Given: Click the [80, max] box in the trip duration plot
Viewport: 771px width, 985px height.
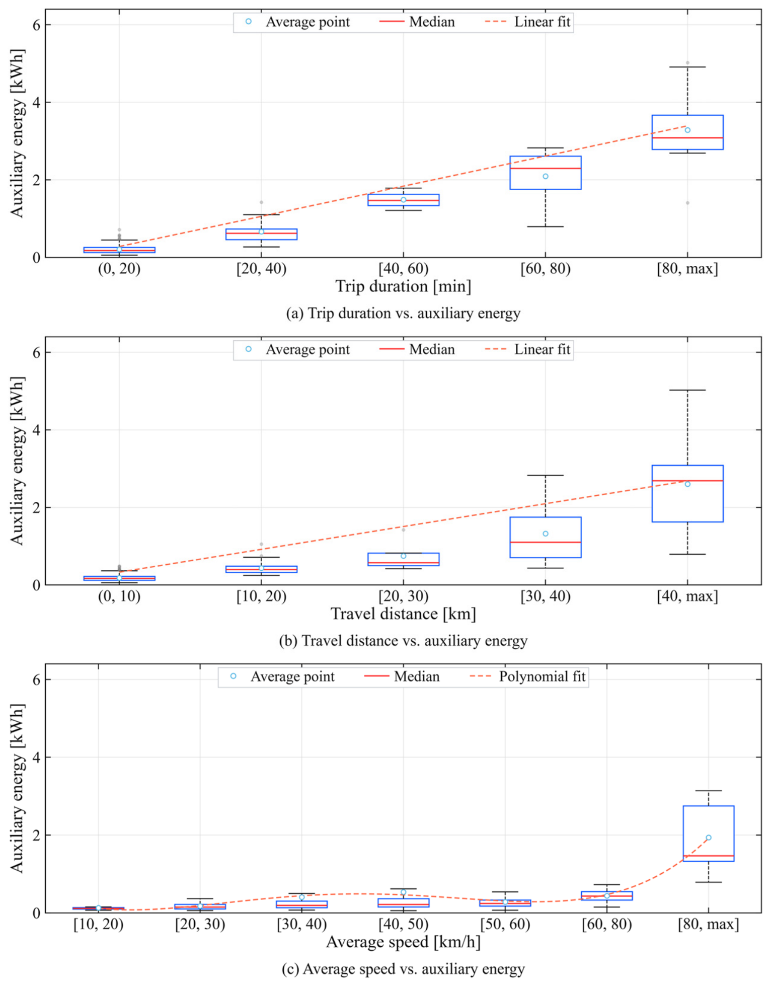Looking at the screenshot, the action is coord(687,132).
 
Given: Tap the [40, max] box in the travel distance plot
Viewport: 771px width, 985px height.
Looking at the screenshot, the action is coord(687,493).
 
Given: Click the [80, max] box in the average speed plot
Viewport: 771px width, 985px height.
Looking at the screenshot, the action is coord(709,834).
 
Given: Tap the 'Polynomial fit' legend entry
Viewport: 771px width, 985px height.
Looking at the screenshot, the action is coord(528,676).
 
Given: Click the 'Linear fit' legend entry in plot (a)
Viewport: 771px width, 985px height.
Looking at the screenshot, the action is coord(528,22).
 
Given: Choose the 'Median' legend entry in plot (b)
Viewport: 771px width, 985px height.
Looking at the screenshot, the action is coord(417,349).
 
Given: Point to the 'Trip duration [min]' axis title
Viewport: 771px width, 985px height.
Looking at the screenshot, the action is coord(403,286).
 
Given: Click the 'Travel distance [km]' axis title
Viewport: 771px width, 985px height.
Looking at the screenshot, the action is coord(403,614).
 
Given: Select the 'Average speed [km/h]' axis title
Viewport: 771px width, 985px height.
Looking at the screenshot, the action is coord(403,942).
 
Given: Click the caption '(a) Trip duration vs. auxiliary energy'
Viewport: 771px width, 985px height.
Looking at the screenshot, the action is coord(403,314).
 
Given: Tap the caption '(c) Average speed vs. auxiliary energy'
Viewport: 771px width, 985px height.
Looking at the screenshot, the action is coord(403,969).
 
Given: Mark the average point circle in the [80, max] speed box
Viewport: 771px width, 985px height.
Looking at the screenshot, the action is coord(709,838).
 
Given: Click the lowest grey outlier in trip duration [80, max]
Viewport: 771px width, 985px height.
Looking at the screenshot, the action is coord(687,203).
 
